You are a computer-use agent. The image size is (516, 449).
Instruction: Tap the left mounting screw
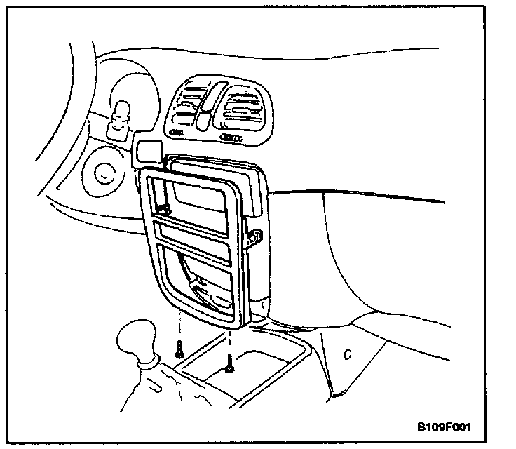click(180, 348)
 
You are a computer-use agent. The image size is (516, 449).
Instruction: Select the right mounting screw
click(230, 363)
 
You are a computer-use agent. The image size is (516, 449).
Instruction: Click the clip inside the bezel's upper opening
click(165, 208)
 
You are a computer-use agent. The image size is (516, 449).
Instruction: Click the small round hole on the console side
click(346, 355)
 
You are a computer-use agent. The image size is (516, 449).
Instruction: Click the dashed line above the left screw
click(180, 324)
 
